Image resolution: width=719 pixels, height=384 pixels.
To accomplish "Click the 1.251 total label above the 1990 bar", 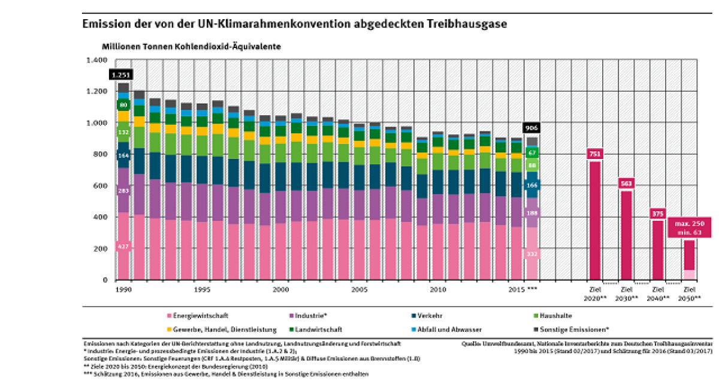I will (120, 75).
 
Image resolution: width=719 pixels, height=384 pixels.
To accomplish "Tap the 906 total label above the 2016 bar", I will (532, 128).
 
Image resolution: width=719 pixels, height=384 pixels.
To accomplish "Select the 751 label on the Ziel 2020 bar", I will (595, 153).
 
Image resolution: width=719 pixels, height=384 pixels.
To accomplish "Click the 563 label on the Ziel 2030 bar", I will (626, 184).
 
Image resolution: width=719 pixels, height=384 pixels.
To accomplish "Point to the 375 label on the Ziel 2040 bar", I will (658, 214).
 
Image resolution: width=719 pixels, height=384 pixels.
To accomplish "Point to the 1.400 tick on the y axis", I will (96, 61).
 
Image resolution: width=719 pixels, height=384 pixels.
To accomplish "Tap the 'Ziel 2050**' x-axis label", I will (690, 293).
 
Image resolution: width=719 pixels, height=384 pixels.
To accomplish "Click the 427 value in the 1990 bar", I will (123, 247).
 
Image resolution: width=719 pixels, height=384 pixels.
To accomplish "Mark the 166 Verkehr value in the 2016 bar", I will (532, 186).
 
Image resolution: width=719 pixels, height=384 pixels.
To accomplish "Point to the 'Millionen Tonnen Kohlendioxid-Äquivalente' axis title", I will (191, 46).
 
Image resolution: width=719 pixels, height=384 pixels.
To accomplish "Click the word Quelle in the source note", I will (472, 344).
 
